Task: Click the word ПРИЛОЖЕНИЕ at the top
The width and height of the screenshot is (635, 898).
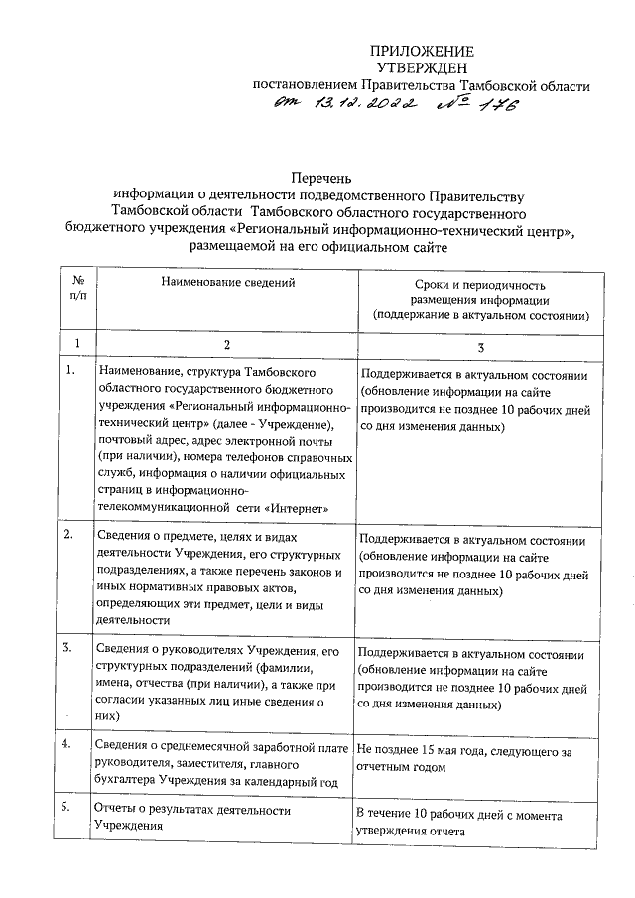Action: point(422,51)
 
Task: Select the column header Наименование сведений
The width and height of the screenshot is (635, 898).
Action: point(227,284)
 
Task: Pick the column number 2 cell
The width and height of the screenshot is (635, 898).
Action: point(227,343)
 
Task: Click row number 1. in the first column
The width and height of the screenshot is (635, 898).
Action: point(70,371)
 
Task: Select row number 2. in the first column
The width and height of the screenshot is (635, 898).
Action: point(70,537)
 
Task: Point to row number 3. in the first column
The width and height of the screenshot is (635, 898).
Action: point(70,649)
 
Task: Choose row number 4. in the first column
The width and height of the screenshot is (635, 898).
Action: point(70,744)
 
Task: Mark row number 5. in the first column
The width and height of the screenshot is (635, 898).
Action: point(70,809)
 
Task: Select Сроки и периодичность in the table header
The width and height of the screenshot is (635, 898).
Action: point(480,284)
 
